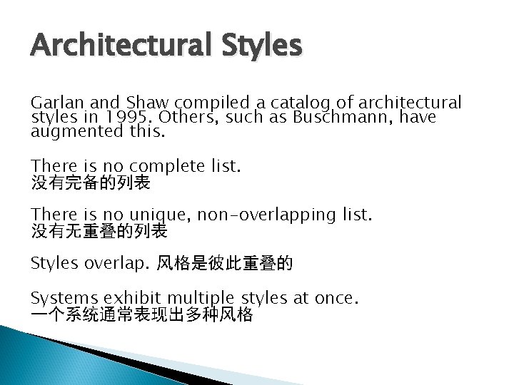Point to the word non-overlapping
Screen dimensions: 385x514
tap(268, 213)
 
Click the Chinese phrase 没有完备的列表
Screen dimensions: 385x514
tap(91, 183)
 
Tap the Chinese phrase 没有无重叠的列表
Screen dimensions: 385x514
tap(99, 230)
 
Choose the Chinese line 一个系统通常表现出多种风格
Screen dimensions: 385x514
tap(141, 314)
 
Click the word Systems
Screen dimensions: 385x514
tap(64, 297)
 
